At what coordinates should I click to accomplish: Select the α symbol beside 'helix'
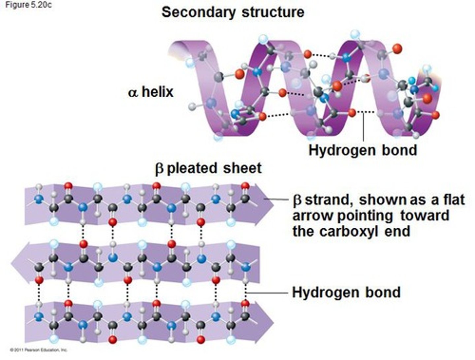click(x=133, y=92)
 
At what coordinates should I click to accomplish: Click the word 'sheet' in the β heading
click(x=242, y=168)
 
